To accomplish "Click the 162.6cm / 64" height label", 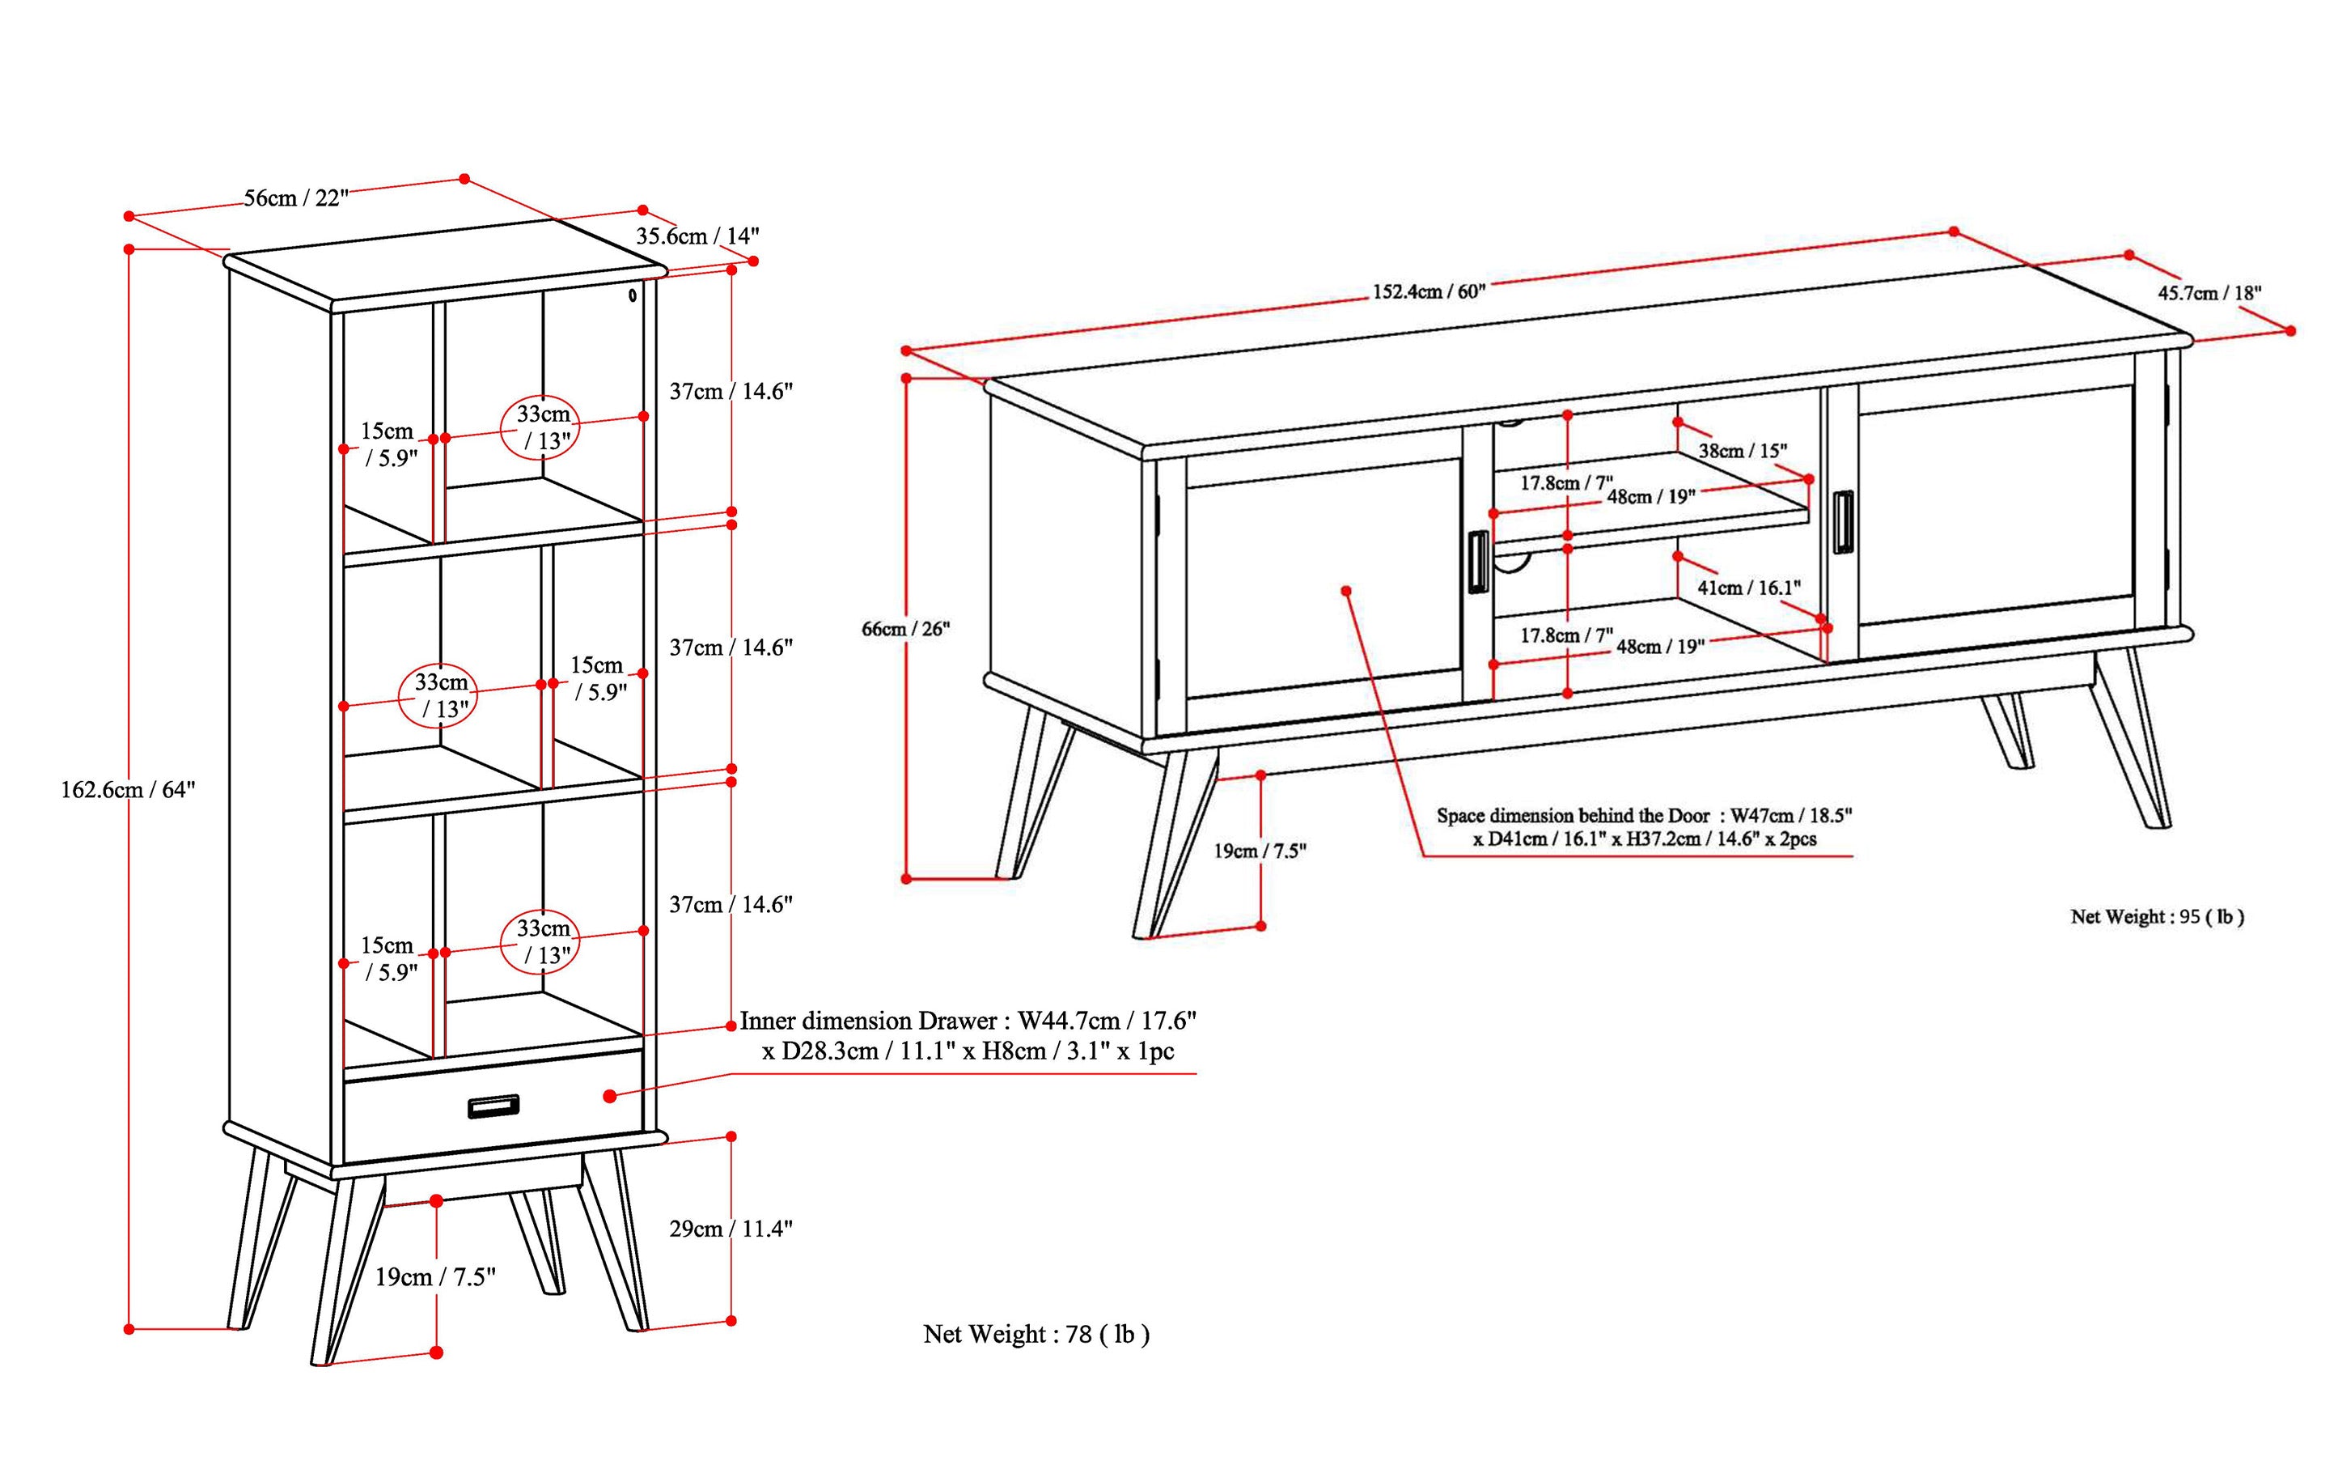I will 128,790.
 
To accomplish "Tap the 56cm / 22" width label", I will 295,197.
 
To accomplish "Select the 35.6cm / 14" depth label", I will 697,236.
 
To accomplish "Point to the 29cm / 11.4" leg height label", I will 731,1229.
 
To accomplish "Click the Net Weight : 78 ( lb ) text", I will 1036,1334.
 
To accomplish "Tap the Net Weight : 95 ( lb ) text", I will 2157,916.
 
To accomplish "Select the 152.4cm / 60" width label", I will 1429,291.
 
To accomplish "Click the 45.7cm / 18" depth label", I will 2209,293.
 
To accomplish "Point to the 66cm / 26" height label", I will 905,629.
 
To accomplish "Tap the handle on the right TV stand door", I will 1841,523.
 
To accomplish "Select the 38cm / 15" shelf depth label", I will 1743,451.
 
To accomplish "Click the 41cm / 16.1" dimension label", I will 1748,587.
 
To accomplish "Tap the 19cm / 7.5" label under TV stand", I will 1260,851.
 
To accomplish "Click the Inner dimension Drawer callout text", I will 968,1034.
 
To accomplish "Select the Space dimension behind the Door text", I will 1644,826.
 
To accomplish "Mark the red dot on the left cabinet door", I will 1345,590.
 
